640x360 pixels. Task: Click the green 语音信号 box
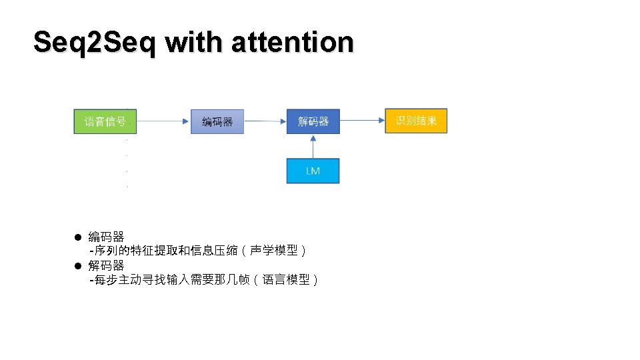tap(100, 121)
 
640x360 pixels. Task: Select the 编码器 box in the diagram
tap(217, 121)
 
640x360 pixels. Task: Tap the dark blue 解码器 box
tap(313, 121)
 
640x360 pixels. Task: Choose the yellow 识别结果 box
tap(416, 121)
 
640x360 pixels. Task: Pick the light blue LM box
tap(313, 171)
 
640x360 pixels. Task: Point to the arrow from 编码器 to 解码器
tap(265, 121)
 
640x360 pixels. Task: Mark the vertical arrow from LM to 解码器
tap(313, 146)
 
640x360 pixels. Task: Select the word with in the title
tap(193, 42)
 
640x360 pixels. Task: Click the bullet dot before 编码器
tap(77, 237)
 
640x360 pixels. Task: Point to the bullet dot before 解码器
tap(77, 266)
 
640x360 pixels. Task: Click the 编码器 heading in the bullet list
tap(107, 237)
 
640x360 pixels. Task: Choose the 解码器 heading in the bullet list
tap(107, 266)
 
